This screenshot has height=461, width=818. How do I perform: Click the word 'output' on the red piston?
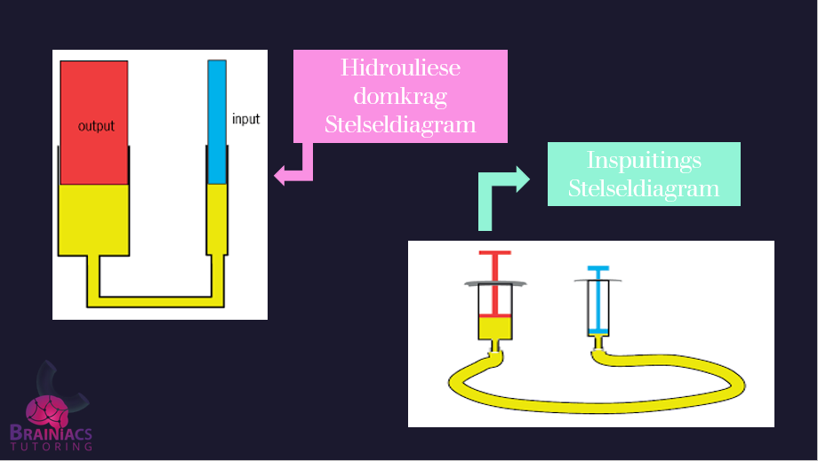(x=96, y=126)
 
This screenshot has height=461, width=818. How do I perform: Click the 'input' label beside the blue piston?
(x=245, y=118)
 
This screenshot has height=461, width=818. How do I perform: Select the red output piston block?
(x=93, y=98)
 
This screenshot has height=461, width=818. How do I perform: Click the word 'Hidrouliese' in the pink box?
(x=400, y=68)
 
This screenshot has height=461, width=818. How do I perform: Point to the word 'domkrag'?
(x=400, y=96)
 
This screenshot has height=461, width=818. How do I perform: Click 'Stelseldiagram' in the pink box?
(x=400, y=124)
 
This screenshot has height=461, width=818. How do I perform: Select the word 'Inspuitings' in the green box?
(x=644, y=161)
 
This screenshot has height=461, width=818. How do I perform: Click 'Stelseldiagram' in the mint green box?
(x=644, y=188)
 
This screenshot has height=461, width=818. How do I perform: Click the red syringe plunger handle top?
(x=495, y=254)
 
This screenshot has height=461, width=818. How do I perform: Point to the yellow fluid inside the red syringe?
(x=495, y=329)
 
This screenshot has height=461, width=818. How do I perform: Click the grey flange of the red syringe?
(x=495, y=283)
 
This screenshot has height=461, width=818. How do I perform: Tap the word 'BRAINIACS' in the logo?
(x=51, y=433)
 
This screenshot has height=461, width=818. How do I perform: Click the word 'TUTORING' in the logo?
(x=51, y=447)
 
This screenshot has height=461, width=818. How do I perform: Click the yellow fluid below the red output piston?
(x=93, y=218)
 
